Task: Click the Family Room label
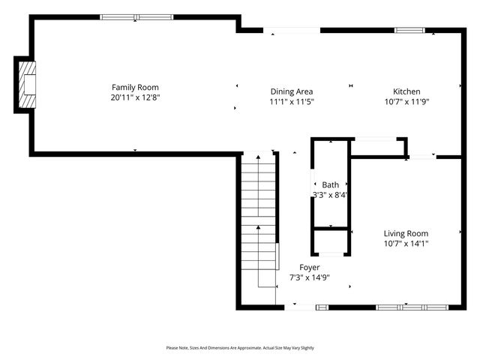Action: (135, 87)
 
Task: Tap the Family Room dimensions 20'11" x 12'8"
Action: (135, 97)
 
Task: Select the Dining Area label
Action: (292, 91)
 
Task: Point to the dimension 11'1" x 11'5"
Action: (292, 102)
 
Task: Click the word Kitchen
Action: (406, 91)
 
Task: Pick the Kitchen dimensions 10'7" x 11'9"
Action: (406, 102)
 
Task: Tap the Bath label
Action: (330, 184)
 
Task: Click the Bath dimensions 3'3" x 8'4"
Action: (330, 195)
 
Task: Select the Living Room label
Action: (406, 233)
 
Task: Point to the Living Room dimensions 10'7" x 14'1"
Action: (406, 244)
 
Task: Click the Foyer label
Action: (310, 267)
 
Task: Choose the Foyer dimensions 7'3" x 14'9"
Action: (310, 277)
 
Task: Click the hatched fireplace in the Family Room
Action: (28, 84)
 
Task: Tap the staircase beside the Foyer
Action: (259, 217)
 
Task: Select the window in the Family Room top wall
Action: (136, 17)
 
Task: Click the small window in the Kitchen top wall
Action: (409, 30)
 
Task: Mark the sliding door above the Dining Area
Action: (292, 30)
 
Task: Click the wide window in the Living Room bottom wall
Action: (412, 307)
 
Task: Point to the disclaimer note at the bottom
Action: (240, 348)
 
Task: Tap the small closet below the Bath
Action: (331, 243)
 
